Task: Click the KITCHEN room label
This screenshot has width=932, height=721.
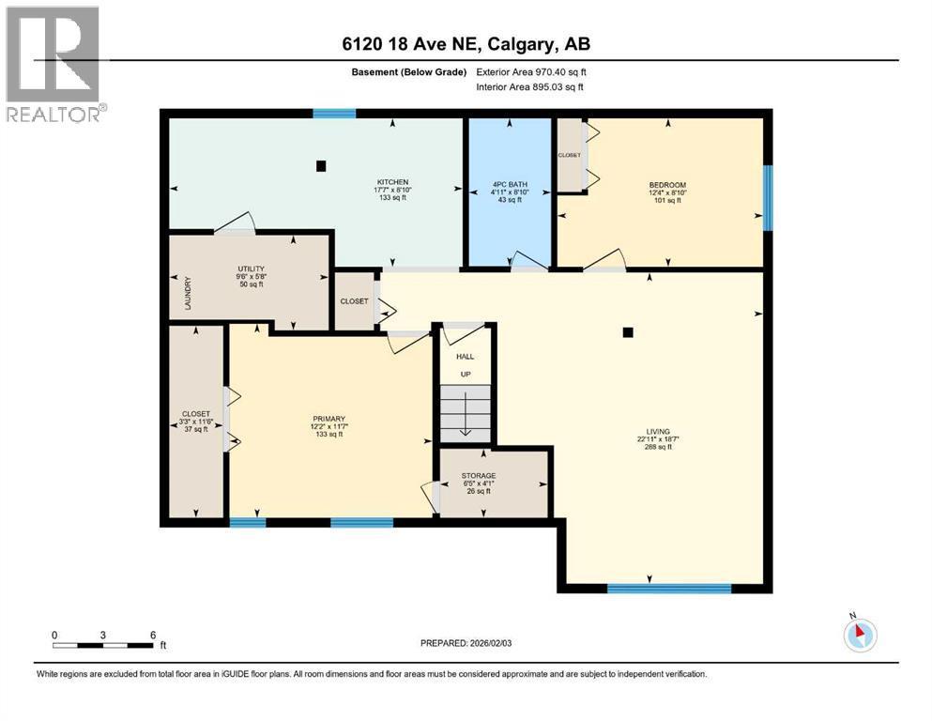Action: pos(392,182)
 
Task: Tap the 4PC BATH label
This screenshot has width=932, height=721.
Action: pos(509,182)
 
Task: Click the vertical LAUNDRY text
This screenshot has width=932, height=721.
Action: pos(188,293)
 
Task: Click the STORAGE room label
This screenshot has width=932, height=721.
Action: pos(479,476)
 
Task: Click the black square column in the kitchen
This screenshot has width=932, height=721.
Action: pos(321,166)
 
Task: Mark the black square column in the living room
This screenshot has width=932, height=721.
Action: pos(628,331)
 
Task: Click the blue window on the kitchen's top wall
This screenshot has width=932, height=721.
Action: pos(334,114)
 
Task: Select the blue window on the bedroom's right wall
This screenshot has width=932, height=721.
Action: pos(767,197)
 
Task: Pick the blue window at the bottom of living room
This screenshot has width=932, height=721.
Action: pos(668,589)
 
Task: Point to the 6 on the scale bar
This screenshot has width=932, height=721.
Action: pos(152,634)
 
